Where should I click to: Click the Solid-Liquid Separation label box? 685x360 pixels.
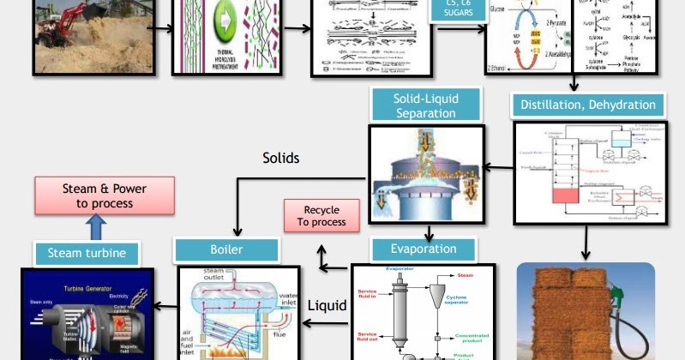425,105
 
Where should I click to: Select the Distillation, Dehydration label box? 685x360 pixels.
588,105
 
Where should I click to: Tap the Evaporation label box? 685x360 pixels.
424,249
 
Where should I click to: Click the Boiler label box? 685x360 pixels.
226,249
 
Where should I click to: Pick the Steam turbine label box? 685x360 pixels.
87,253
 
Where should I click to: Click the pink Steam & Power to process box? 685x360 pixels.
105,195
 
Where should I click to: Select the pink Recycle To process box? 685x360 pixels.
321,215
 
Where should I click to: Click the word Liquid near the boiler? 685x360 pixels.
327,305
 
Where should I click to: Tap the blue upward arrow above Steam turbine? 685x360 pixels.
97,227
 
